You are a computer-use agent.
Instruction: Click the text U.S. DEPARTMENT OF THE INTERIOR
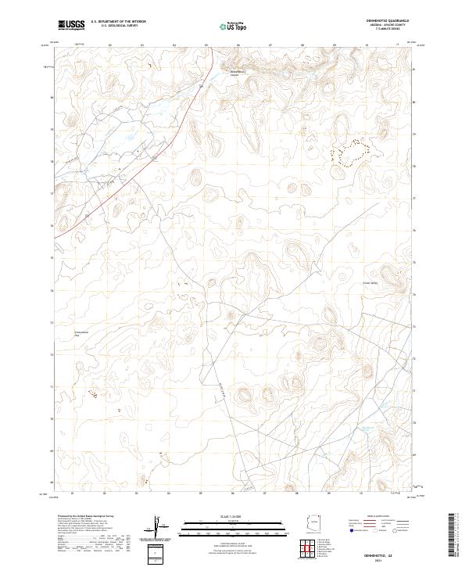pos(117,23)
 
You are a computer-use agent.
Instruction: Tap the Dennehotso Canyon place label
pos(236,75)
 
